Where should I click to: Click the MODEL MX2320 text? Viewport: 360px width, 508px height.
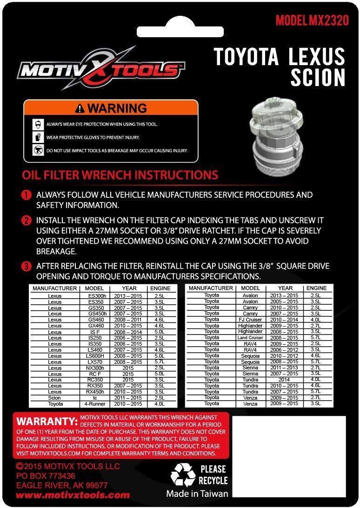click(312, 21)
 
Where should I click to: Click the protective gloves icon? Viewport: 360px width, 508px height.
click(38, 138)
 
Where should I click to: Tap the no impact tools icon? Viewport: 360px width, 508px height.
click(38, 150)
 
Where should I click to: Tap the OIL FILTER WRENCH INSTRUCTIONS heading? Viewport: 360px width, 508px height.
click(120, 175)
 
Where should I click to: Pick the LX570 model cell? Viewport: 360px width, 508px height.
click(94, 362)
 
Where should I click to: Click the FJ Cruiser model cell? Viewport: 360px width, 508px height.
click(251, 320)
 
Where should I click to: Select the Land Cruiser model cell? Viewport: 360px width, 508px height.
click(251, 338)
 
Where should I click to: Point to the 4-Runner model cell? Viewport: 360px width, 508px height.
click(94, 404)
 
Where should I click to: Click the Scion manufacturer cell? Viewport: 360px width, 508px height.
click(54, 398)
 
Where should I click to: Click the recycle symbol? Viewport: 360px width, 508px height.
click(183, 475)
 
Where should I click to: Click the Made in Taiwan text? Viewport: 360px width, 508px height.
click(197, 494)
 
